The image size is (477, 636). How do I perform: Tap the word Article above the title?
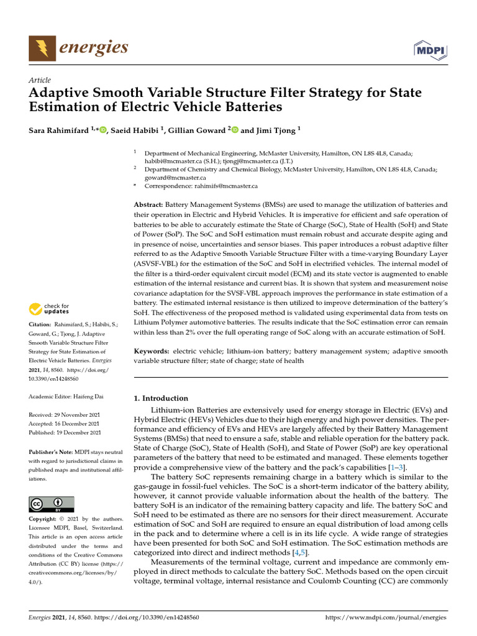pos(40,80)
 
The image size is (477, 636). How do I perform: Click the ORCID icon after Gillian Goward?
pos(235,129)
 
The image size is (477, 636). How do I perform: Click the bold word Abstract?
pos(148,204)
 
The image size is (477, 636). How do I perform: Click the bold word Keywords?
pos(152,352)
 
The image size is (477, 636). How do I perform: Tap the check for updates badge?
pos(48,309)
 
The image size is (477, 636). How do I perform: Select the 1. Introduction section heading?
pos(161,398)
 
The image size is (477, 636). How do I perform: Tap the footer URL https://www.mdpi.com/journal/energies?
pos(386,617)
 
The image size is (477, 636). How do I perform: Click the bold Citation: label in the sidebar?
pos(40,324)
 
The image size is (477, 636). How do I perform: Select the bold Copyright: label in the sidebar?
pos(43,519)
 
